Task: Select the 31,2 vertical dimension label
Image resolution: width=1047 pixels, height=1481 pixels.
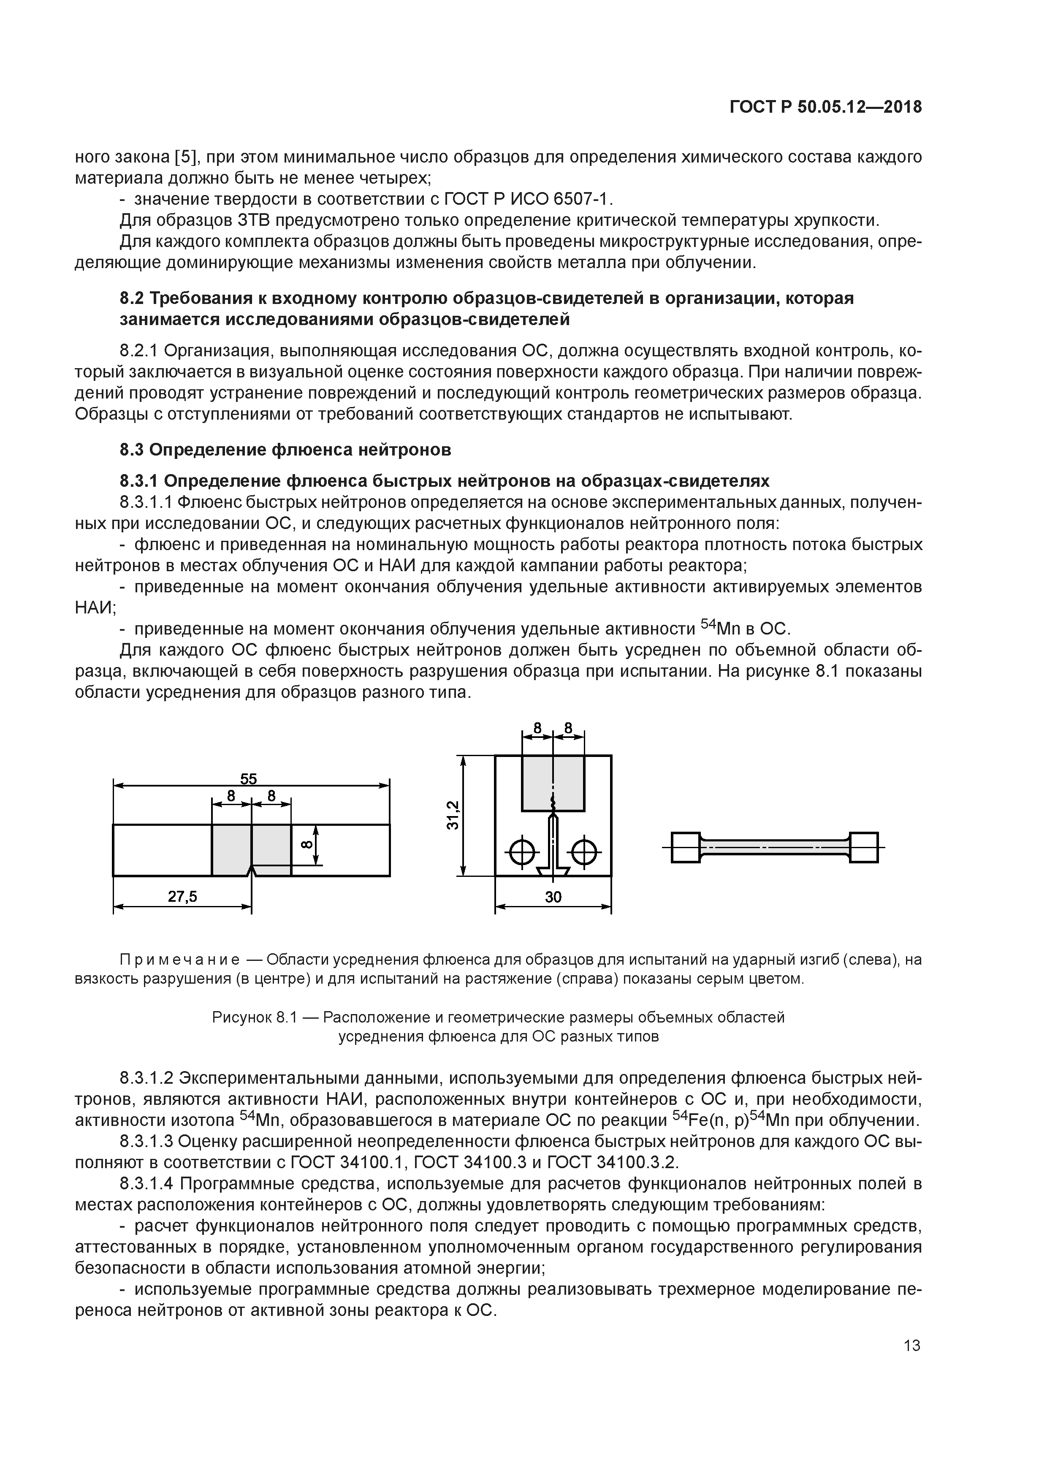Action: (x=453, y=815)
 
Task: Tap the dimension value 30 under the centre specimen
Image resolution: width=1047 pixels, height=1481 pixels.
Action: (x=553, y=897)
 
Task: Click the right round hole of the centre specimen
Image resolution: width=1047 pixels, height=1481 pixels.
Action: (x=584, y=853)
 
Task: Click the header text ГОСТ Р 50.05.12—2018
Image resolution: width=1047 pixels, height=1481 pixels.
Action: (x=826, y=108)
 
